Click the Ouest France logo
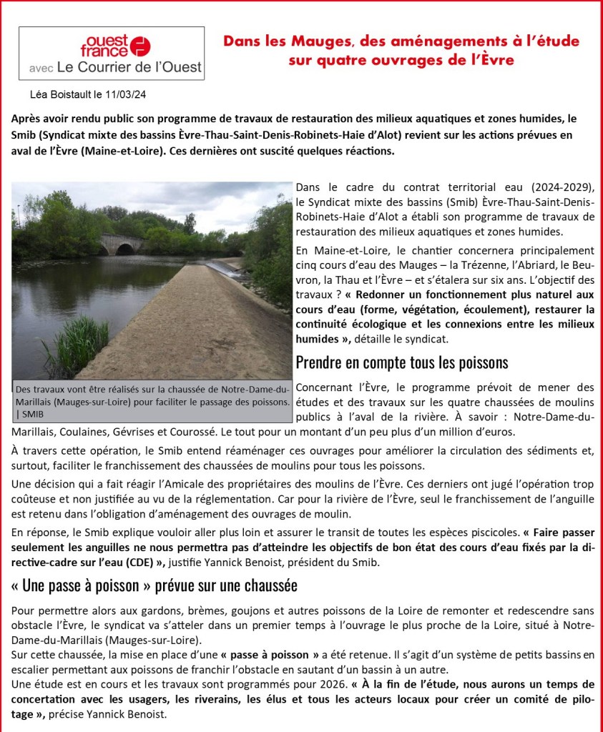(x=119, y=46)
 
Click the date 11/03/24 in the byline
(x=128, y=94)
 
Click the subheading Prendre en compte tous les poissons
(x=403, y=362)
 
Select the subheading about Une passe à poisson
(x=155, y=585)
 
